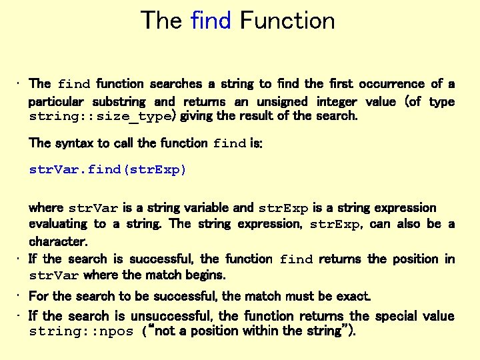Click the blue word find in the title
[211, 21]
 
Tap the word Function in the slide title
[287, 21]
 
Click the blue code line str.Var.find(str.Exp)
[108, 169]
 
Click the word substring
[118, 101]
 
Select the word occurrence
[391, 84]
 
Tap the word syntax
[75, 143]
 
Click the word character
[58, 241]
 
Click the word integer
[336, 101]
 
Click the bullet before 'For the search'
[20, 295]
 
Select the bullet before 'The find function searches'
[20, 84]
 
